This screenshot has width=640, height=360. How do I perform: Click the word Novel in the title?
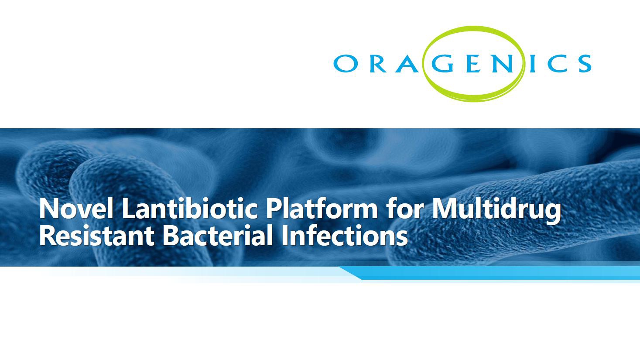point(76,209)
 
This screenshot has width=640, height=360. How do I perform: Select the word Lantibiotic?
point(190,209)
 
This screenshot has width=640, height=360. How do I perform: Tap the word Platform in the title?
point(322,209)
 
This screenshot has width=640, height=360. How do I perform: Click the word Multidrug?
point(496,211)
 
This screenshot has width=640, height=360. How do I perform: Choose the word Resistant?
point(96,236)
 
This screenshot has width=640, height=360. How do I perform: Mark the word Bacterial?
point(218,236)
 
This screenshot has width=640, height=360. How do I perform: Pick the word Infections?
point(345,236)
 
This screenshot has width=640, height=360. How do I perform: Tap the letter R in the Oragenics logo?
point(379,63)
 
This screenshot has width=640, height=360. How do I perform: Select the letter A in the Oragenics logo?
point(409,63)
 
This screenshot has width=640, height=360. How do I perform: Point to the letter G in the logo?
point(442,63)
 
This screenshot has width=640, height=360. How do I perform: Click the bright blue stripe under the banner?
point(491,273)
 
